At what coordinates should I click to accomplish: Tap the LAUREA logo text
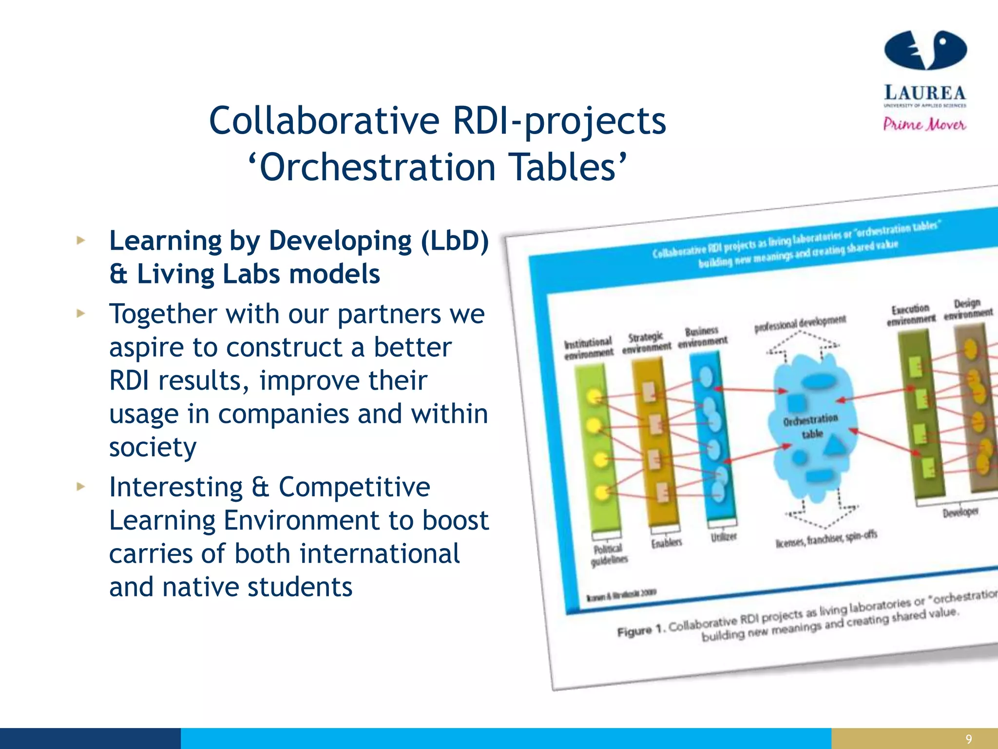coord(924,93)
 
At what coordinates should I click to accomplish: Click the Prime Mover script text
coord(924,124)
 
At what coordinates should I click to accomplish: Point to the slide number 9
coord(968,739)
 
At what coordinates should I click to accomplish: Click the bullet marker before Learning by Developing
coord(81,240)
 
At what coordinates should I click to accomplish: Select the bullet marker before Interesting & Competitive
coord(81,486)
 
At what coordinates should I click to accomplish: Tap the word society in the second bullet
coord(153,447)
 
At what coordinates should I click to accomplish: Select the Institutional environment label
coord(588,348)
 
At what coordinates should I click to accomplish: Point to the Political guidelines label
coord(609,554)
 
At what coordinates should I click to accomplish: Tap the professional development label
coord(800,323)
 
